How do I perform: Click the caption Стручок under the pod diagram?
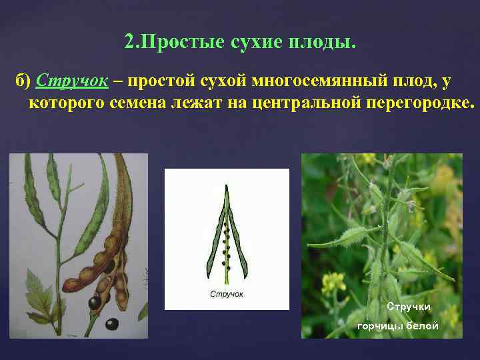[x=227, y=294]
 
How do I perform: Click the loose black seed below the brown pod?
[x=111, y=324]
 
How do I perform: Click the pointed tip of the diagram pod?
[x=226, y=187]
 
